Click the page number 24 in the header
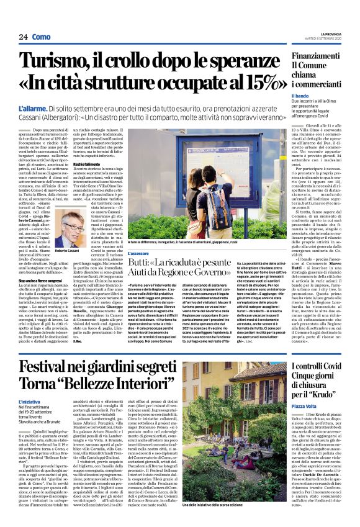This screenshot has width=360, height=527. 24,37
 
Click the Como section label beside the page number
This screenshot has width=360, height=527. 41,37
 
